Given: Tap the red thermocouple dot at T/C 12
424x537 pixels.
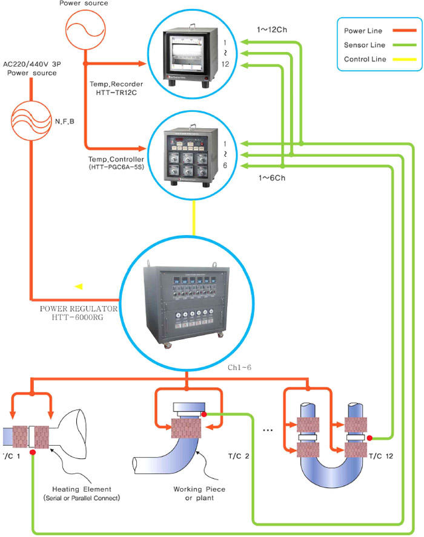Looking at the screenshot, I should click(369, 438).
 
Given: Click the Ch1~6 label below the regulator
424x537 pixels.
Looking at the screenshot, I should click(238, 367).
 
